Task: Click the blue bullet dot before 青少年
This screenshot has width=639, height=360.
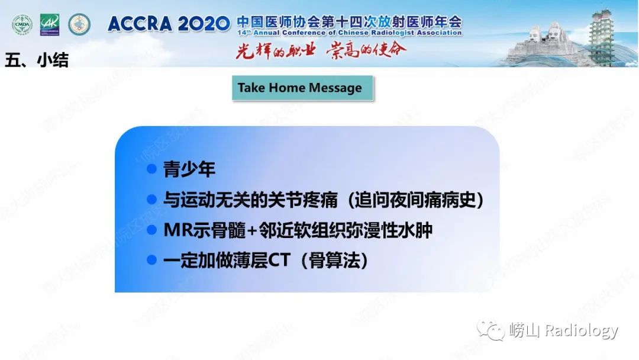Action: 152,169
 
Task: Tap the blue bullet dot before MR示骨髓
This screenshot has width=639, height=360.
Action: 152,230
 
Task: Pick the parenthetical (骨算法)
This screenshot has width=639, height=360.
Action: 334,261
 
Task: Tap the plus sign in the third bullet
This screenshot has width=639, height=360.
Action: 251,230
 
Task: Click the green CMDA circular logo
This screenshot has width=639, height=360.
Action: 22,25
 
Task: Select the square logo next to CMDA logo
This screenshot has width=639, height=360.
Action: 50,25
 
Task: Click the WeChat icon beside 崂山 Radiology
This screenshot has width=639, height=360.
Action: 491,330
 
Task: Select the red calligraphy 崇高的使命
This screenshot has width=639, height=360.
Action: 367,50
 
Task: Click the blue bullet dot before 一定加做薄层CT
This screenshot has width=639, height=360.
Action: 152,261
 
